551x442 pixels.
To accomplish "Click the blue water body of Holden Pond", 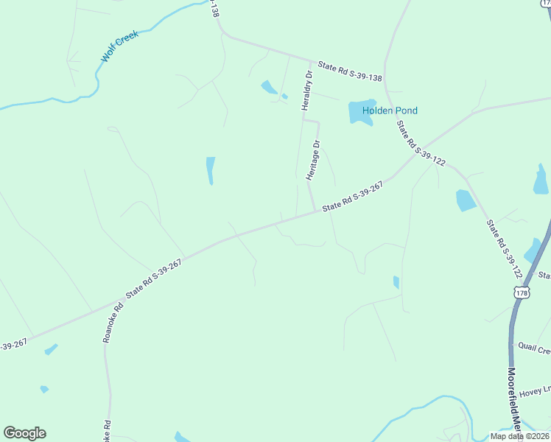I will click(362, 112).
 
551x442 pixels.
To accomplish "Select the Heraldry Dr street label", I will click(306, 89).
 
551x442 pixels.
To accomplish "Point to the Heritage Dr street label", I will click(314, 160).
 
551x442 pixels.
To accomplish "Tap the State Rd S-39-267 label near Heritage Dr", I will click(353, 197).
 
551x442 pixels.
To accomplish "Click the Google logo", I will click(24, 432).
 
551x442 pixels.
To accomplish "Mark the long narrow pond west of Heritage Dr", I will click(211, 171).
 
